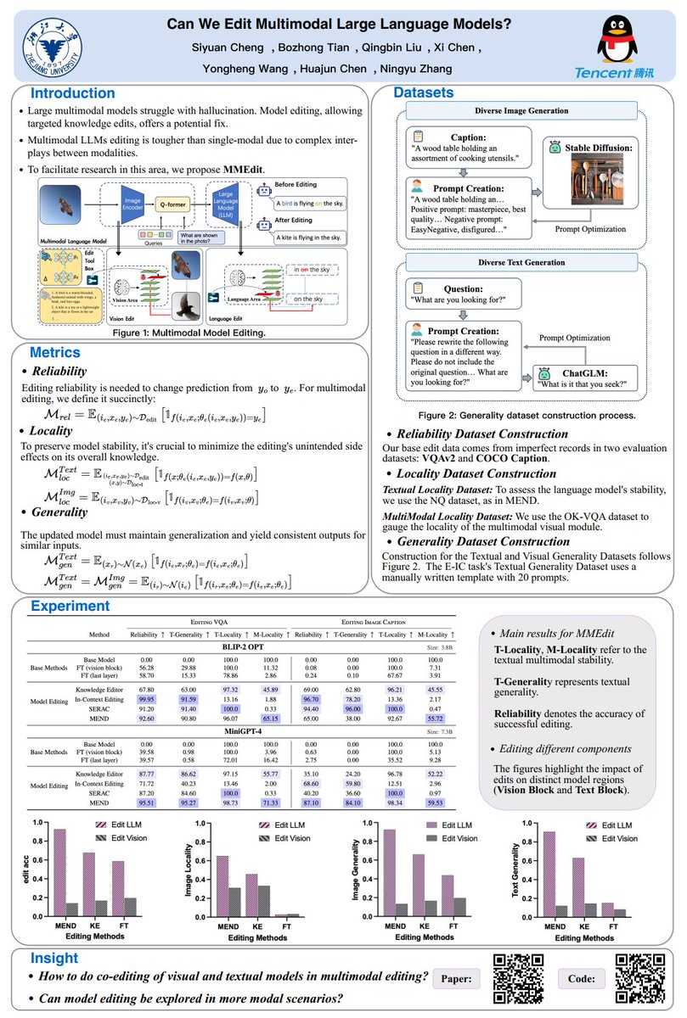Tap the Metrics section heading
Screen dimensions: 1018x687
(x=57, y=352)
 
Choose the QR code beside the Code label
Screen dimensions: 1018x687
(x=639, y=978)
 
